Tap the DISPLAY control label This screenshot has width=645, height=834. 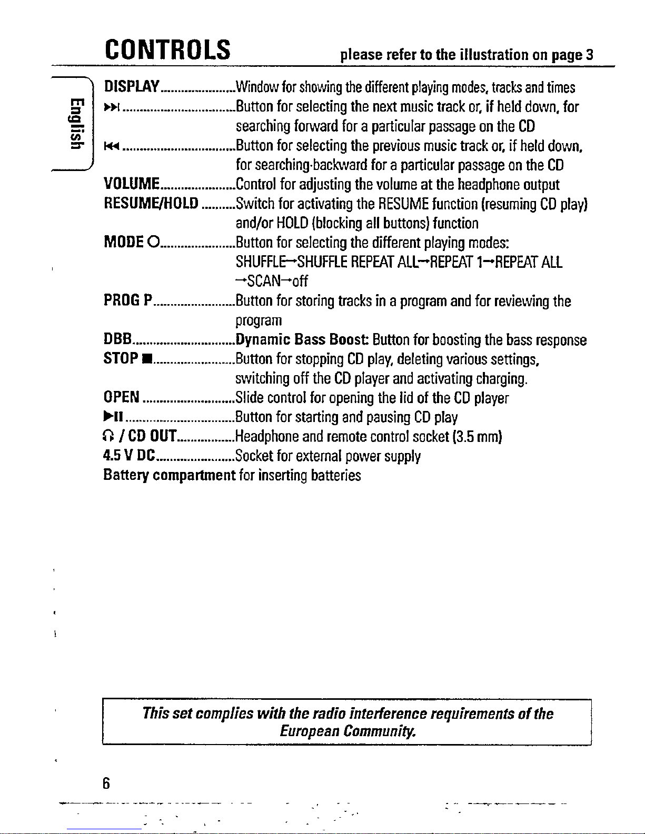(132, 86)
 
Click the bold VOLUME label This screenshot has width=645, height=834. (132, 184)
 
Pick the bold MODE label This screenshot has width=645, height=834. (124, 242)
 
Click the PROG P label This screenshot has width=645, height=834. (128, 300)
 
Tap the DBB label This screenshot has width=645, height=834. (117, 339)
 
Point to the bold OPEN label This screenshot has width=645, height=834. (122, 397)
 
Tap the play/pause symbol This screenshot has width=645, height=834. (114, 417)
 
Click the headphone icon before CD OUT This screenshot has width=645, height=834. (109, 436)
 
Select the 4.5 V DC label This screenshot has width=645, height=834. (129, 456)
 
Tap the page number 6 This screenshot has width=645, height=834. (106, 784)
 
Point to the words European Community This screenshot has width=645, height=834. (348, 731)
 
